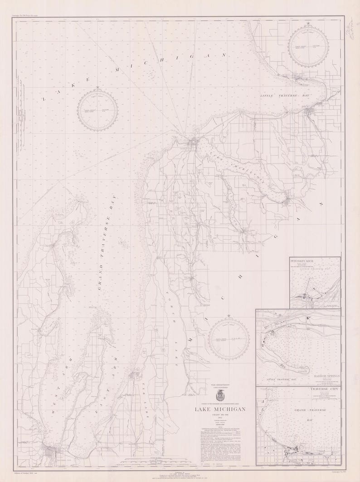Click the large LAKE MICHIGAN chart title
220,409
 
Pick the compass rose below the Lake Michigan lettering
97,108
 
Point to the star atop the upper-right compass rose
308,24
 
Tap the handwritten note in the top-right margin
350,33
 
